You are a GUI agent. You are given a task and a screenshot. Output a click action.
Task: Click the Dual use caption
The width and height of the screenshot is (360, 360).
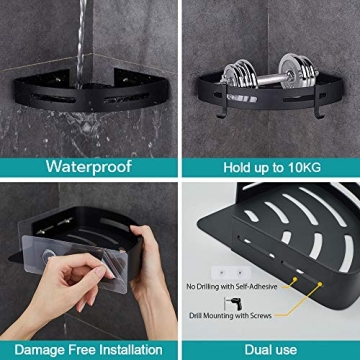tap(270, 349)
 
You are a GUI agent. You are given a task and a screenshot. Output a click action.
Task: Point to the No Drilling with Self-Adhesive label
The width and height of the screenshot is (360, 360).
tap(232, 286)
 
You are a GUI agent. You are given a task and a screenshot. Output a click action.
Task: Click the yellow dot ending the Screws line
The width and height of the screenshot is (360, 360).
tap(319, 283)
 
